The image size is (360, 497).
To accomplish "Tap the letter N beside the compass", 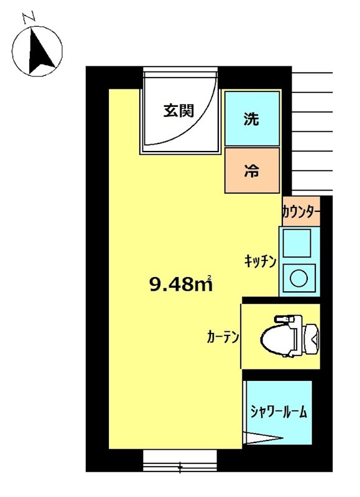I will click(28, 18).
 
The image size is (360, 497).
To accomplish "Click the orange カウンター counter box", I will click(301, 212).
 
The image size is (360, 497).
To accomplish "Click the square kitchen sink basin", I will click(298, 243).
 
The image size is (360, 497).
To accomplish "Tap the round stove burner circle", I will click(298, 278).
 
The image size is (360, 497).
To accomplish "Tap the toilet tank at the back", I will click(312, 336).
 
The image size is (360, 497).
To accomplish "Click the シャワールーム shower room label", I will click(279, 411).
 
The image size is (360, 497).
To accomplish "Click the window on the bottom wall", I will click(180, 460).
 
